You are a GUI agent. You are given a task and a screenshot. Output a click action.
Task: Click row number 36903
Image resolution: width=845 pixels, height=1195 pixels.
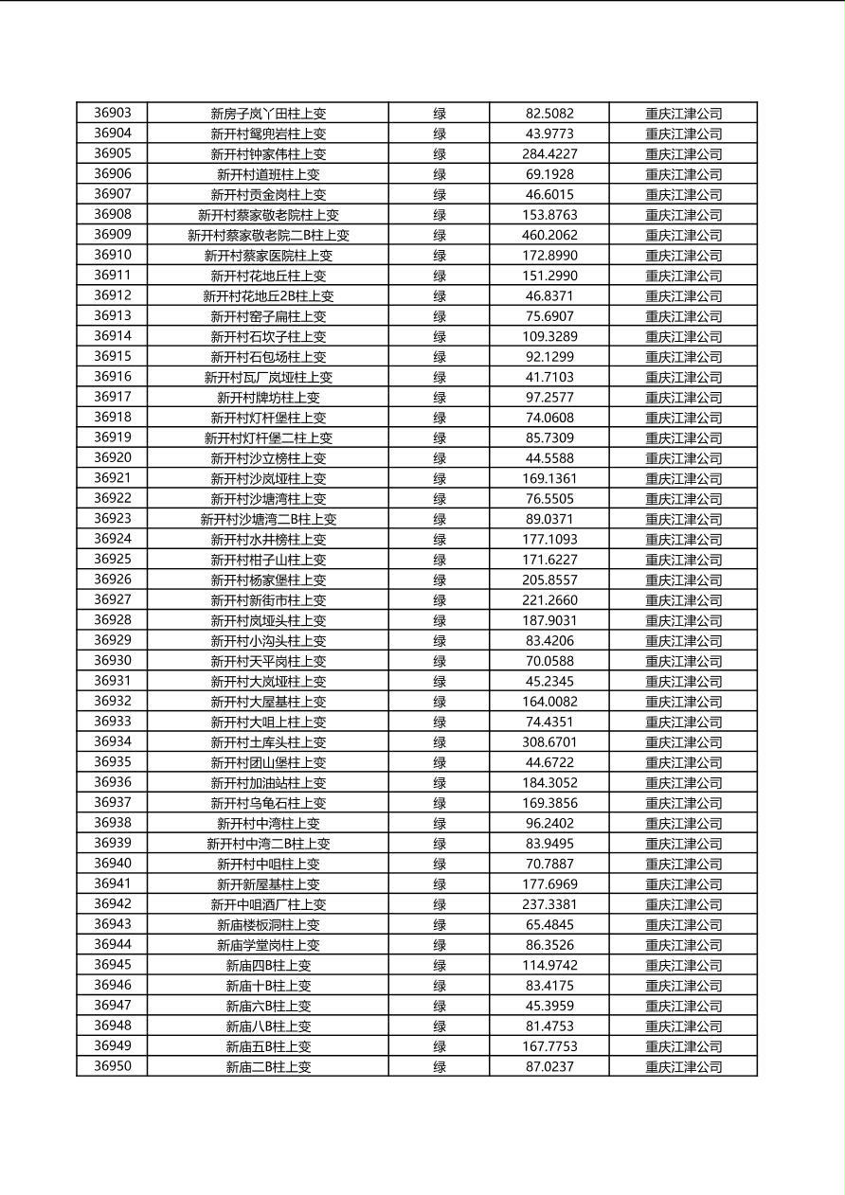point(113,113)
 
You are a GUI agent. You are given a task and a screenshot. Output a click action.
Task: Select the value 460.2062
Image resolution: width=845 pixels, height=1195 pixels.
point(549,235)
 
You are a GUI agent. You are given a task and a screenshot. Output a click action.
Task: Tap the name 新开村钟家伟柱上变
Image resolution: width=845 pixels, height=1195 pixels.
point(268,153)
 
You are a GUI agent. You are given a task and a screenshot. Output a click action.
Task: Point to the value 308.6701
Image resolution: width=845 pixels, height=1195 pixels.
point(549,742)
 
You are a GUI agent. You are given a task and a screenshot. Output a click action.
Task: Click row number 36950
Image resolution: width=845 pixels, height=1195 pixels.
point(113,1066)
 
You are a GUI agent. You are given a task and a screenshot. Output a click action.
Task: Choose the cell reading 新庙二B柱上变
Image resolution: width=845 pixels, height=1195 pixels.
point(268,1067)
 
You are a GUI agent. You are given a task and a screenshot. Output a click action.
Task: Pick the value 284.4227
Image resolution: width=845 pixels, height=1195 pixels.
point(549,153)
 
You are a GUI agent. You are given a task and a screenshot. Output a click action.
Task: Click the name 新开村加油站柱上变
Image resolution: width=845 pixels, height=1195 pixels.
point(268,783)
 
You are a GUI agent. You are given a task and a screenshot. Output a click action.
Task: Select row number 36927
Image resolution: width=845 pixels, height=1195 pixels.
point(113,599)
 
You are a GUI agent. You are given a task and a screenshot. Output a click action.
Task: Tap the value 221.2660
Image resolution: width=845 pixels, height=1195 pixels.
point(549,600)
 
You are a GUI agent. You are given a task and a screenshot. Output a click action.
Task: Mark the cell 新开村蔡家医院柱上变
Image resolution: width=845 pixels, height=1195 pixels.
point(268,256)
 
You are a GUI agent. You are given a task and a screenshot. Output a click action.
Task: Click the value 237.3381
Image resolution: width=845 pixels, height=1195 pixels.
point(549,904)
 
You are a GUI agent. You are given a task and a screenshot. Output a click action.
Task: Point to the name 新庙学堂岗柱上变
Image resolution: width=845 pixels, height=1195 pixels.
point(268,945)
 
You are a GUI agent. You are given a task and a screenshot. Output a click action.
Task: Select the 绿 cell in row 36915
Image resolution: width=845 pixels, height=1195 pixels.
point(440,357)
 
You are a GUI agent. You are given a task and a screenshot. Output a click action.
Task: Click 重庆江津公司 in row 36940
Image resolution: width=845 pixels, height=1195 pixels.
point(683,864)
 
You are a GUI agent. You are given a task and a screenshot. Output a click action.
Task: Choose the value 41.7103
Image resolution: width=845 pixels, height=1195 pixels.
point(549,377)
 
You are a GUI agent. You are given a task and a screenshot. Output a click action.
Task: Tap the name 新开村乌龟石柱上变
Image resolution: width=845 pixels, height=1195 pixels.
point(268,803)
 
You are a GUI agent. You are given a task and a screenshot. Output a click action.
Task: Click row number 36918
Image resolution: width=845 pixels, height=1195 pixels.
point(113,417)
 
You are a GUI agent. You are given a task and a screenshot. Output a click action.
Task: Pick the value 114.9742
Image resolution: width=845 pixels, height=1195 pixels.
point(549,965)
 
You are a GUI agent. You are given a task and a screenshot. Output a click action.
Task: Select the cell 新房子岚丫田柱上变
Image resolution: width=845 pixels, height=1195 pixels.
point(268,114)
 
